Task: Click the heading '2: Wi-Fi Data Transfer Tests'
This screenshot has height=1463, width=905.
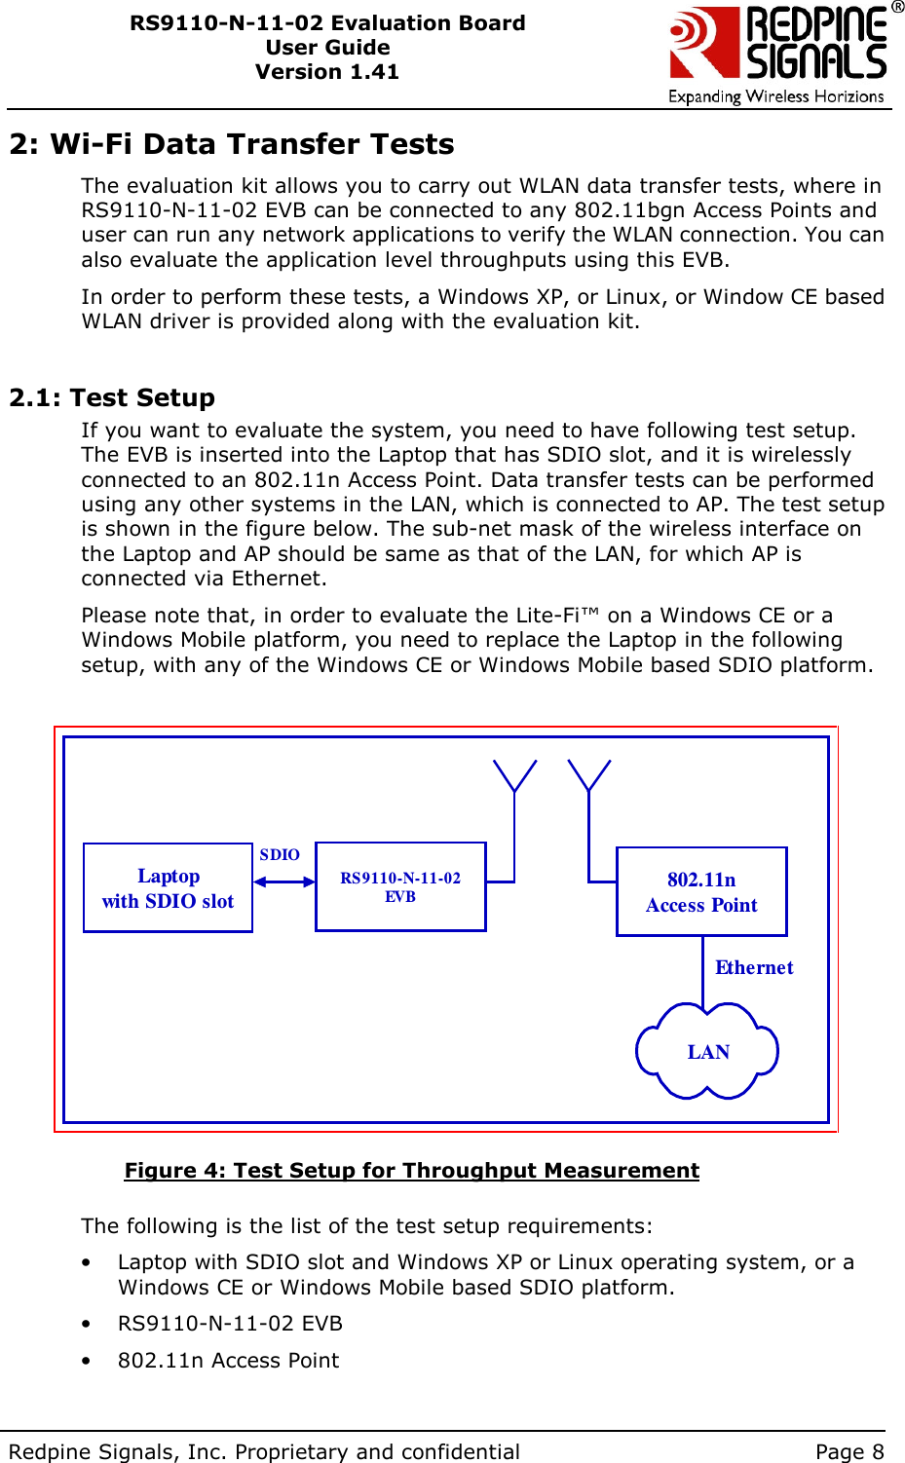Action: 232,144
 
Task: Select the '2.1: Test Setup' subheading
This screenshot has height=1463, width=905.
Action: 112,397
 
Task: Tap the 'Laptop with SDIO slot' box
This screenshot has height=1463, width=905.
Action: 168,888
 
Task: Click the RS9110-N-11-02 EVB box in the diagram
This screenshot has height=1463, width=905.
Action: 400,887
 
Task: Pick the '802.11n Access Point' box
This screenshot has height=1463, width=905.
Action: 701,892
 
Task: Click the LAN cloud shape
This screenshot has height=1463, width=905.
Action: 707,1052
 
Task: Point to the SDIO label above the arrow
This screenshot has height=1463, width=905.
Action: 280,854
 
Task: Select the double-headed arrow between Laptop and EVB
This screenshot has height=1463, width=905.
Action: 283,882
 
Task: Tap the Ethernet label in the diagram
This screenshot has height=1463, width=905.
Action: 754,967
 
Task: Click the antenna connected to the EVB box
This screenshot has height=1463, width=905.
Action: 514,777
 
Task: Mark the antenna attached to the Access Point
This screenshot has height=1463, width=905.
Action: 588,777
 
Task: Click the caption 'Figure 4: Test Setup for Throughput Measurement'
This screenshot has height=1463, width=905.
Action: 411,1170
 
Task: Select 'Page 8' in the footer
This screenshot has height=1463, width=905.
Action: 849,1451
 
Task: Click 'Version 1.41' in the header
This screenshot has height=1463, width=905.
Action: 327,72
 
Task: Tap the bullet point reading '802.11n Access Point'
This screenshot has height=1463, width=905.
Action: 228,1360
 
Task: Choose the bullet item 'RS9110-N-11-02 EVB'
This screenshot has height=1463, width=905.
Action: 230,1324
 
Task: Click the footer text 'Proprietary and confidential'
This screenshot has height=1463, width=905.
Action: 377,1451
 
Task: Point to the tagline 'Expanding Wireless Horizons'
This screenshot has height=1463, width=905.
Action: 775,96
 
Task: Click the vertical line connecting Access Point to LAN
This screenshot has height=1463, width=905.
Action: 702,970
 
